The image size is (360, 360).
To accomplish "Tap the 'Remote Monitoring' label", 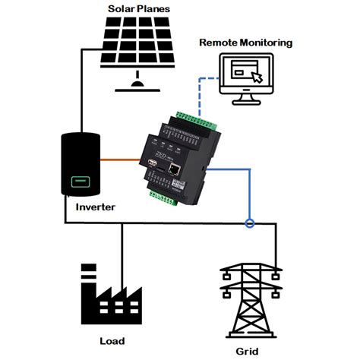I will (x=245, y=43).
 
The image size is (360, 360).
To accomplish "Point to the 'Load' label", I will (x=112, y=341).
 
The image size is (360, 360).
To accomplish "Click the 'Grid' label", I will (x=247, y=350).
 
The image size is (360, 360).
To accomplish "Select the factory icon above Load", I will (x=110, y=296).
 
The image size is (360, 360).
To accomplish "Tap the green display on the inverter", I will (x=80, y=183).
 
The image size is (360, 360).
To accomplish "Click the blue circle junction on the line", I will (x=249, y=223).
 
